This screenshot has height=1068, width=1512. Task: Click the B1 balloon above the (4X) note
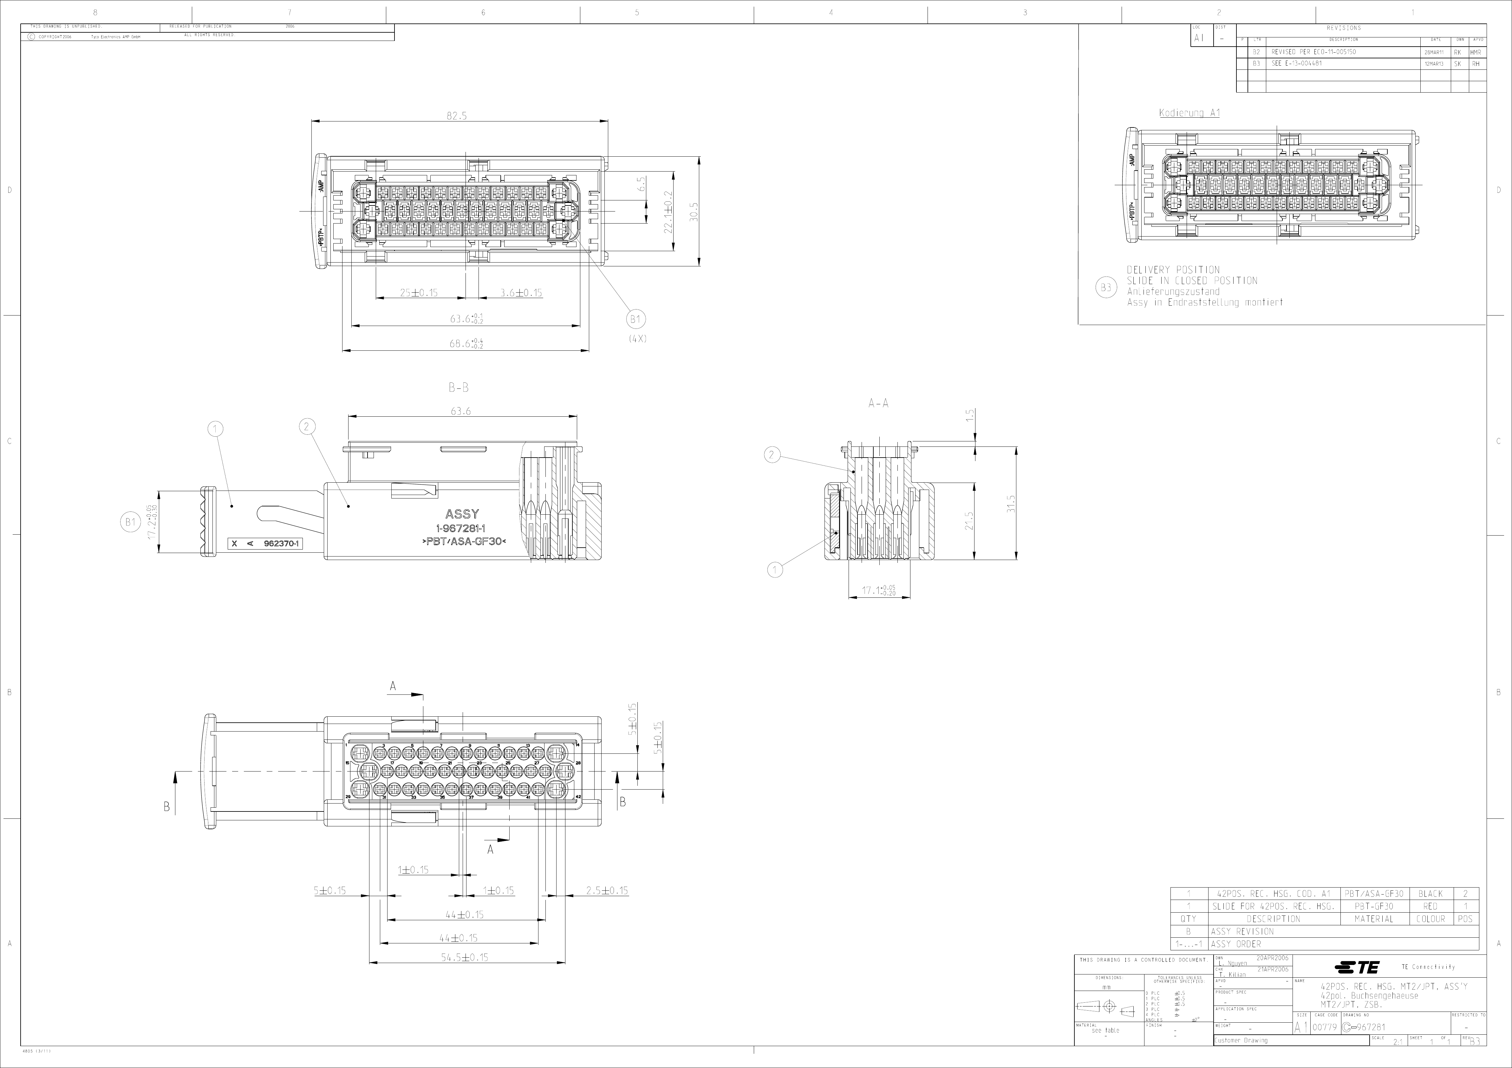click(x=635, y=320)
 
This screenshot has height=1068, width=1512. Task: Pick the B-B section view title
click(x=458, y=388)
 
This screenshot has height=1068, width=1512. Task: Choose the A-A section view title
click(x=878, y=404)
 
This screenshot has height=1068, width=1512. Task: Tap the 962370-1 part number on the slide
click(x=281, y=544)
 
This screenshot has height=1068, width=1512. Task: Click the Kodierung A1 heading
click(x=1189, y=113)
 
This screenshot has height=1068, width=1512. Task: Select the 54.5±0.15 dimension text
click(x=465, y=957)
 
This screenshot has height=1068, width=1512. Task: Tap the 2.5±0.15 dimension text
click(x=607, y=891)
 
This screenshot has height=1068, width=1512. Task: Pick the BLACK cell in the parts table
click(x=1430, y=894)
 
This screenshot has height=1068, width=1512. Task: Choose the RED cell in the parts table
click(x=1430, y=906)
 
